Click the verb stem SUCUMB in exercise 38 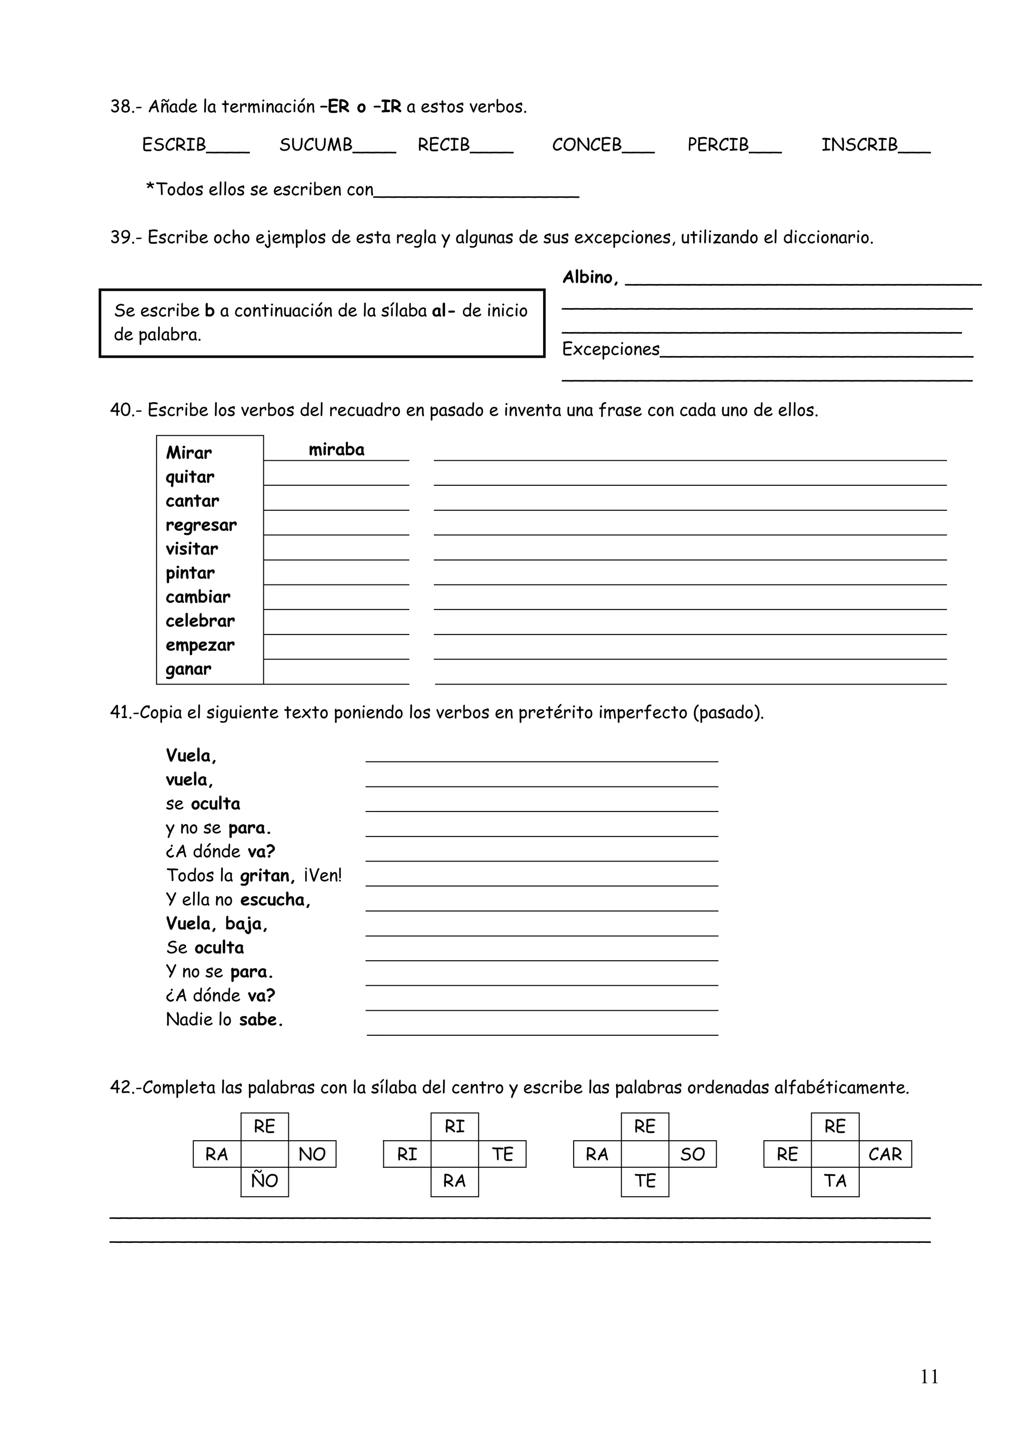click(316, 145)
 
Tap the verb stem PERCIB click(717, 145)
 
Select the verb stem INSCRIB click(859, 145)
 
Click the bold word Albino click(588, 277)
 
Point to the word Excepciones click(611, 349)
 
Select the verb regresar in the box click(201, 525)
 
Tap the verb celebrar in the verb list click(200, 621)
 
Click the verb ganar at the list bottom click(188, 669)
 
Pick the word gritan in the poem click(265, 876)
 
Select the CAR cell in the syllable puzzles click(885, 1154)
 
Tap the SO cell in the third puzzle click(692, 1154)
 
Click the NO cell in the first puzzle click(312, 1154)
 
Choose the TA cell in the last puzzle click(835, 1181)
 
